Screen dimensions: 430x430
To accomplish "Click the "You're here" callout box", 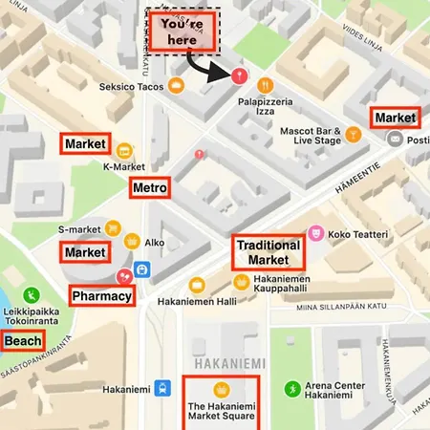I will [x=183, y=31].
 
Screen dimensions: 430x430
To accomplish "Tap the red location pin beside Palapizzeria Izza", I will [x=239, y=75].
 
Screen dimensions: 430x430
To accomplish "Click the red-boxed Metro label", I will [x=150, y=187].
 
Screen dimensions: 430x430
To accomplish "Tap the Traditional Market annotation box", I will [x=269, y=252].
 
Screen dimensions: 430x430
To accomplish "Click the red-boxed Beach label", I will [x=21, y=340].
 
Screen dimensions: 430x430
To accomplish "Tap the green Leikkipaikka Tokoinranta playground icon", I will [x=32, y=295].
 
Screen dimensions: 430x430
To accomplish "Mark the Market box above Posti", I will [x=395, y=117].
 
